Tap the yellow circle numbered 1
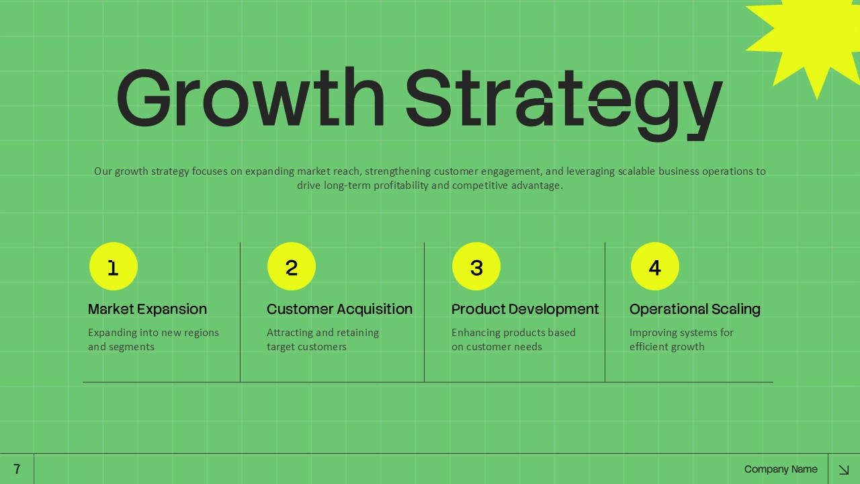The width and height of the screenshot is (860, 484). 114,267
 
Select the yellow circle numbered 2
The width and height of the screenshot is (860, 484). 292,267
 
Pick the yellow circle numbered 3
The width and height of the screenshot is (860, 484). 476,267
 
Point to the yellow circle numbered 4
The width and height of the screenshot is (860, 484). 655,267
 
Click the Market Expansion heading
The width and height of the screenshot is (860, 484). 147,309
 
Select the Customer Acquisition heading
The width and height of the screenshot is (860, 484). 339,309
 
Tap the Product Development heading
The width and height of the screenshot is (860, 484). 525,309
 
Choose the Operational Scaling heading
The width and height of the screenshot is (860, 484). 695,309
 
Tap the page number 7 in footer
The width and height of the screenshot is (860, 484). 17,469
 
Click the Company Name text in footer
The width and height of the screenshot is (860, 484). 781,469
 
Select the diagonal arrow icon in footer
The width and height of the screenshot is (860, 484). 844,469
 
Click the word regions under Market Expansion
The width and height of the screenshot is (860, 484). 200,333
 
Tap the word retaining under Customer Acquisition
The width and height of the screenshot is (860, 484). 353,333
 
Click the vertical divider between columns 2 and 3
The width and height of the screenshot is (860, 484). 424,313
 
